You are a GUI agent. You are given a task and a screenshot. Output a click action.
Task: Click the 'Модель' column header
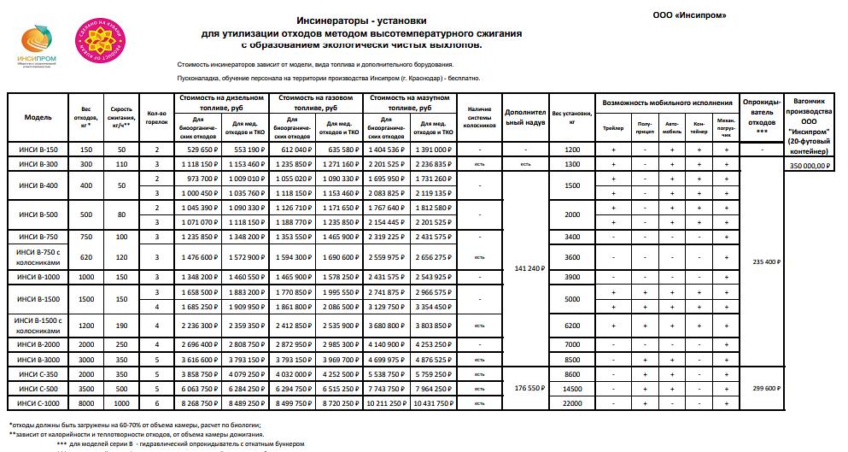[38, 116]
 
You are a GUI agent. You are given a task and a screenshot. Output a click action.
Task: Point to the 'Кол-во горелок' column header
[156, 116]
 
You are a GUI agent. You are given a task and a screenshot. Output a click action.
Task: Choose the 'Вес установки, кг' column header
[572, 116]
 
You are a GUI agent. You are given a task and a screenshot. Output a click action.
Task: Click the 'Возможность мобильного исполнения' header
[668, 102]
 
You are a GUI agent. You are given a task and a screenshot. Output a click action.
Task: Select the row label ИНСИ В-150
[38, 150]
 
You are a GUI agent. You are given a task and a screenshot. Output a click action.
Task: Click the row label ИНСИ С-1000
[38, 402]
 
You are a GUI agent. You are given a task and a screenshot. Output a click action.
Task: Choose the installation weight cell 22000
[572, 402]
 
